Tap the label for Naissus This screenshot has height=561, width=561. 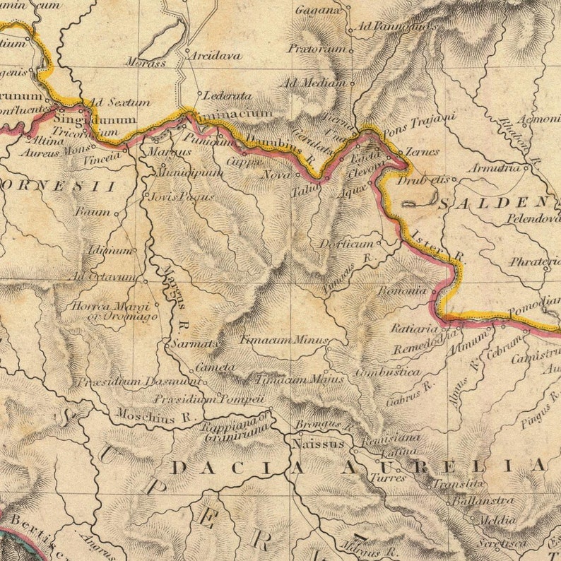(317, 444)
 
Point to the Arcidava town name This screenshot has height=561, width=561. (215, 55)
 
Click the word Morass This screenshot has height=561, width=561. (146, 63)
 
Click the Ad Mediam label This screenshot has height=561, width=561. (315, 83)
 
